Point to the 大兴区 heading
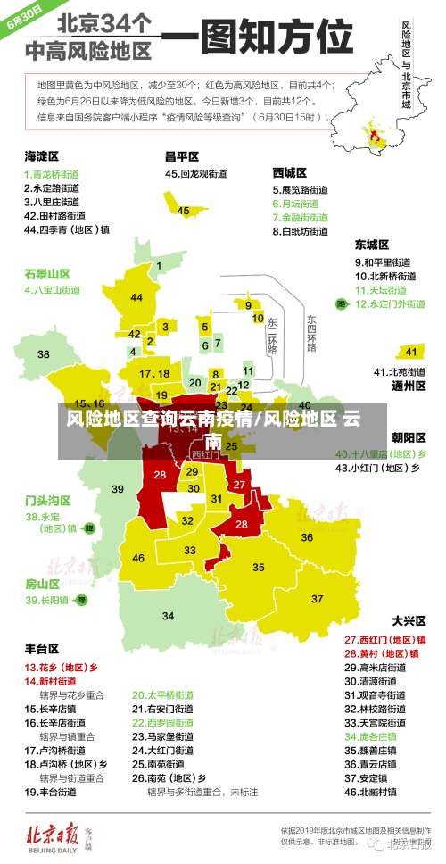pos(409,620)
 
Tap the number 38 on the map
pos(43,354)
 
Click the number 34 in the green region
pos(169,616)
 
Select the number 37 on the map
pos(318,598)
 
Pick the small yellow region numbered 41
pos(411,351)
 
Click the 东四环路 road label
pos(310,332)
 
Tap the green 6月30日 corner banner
pos(25,18)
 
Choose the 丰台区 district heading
pos(41,649)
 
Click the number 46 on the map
pos(138,559)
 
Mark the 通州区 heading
pos(409,387)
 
